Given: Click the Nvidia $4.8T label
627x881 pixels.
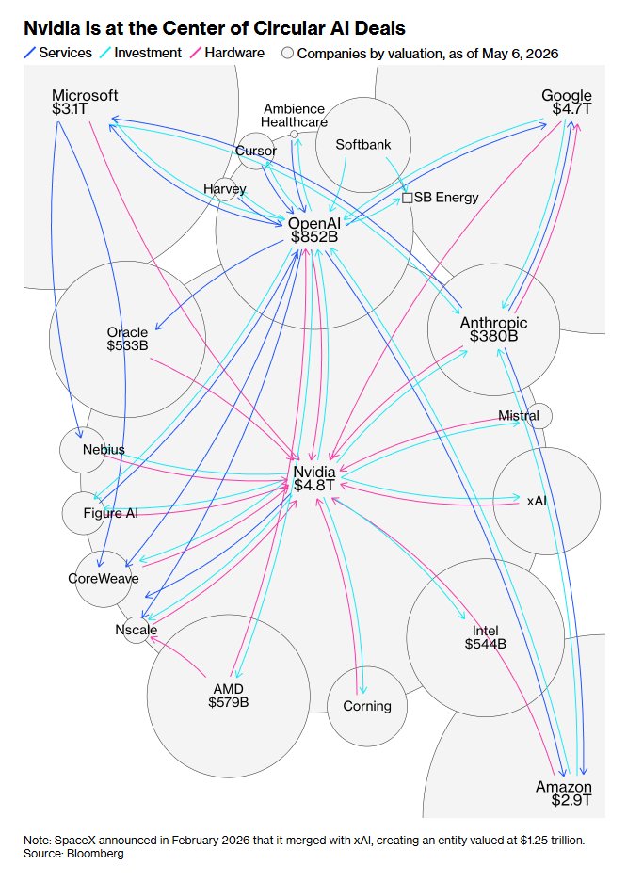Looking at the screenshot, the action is point(314,478).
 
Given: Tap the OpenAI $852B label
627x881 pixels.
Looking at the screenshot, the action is point(314,231).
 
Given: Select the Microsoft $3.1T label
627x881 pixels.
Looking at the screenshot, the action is point(85,102).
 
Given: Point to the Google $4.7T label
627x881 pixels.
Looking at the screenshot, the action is point(567,102).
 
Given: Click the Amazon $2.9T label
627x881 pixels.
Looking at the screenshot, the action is point(564,793).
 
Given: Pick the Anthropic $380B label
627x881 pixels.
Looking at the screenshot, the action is point(494,329).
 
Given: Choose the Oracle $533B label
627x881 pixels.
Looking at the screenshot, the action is point(127,339).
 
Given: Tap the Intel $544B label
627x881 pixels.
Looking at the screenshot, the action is point(486,637).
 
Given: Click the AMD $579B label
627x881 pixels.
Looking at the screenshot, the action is point(229,696).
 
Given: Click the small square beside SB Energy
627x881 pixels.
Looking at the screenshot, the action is point(408,198).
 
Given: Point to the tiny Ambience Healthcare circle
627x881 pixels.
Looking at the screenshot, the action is point(294,135).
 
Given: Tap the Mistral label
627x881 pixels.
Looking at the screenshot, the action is point(518,416).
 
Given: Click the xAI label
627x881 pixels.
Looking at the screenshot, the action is point(537,500).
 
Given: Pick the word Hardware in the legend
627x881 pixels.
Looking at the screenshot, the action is point(234,53).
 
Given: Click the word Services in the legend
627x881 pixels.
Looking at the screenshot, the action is point(65,53).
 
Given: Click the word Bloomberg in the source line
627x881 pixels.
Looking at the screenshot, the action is point(95,854).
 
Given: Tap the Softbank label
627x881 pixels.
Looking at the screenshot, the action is point(363,144).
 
